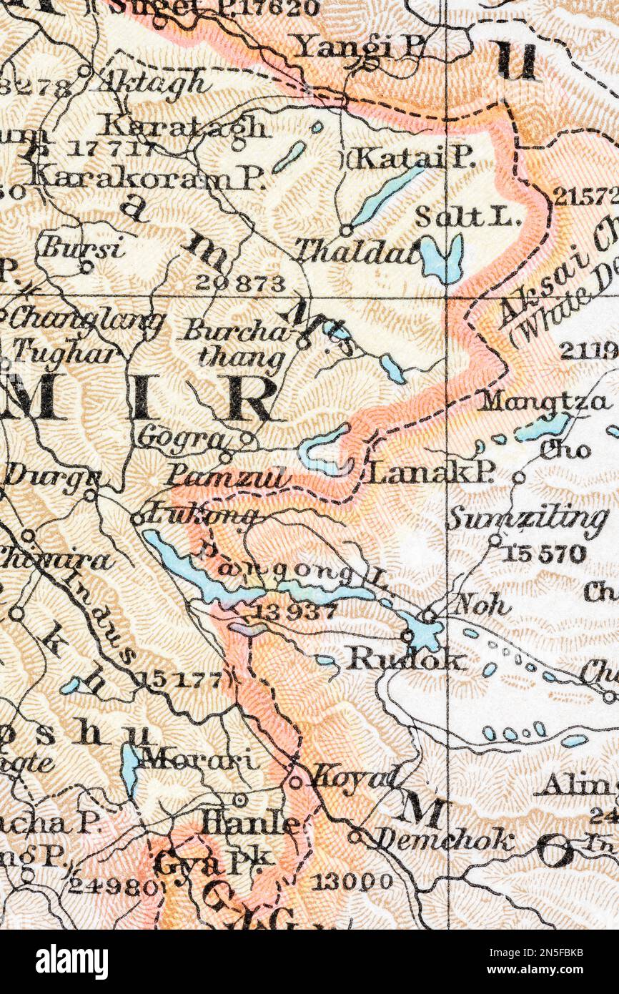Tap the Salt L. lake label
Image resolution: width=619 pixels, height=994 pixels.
point(467,217)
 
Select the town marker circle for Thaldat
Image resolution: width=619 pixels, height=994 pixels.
point(346,230)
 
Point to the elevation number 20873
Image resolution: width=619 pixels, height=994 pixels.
point(240,283)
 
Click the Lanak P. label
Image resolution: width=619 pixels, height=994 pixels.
point(432,473)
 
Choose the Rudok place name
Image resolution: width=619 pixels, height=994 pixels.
point(406,659)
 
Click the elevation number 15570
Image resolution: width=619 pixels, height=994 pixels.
point(543,554)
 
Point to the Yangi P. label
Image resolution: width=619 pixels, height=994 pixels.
point(360,48)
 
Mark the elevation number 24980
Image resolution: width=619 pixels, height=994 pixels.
point(112,887)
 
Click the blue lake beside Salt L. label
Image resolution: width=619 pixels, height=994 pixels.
point(441,259)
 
